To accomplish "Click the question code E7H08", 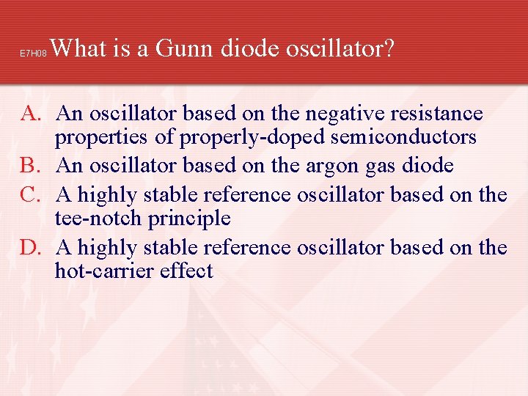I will point(33,54).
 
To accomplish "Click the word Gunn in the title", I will point(183,48).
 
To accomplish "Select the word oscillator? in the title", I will point(341,48).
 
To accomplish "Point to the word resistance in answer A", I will point(439,114).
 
